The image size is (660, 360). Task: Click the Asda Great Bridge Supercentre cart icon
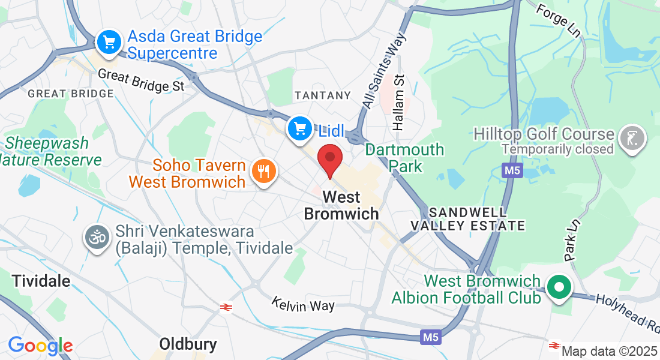click(x=109, y=43)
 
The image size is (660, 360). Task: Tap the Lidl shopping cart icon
click(x=299, y=128)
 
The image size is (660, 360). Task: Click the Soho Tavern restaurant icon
click(x=263, y=172)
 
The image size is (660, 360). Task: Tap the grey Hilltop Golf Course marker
click(x=632, y=139)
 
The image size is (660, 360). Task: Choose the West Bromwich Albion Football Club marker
click(x=559, y=287)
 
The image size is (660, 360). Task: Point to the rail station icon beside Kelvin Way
click(x=226, y=307)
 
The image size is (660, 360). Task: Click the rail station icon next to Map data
click(x=554, y=346)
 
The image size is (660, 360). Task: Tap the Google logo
click(x=40, y=346)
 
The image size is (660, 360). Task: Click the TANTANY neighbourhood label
click(x=323, y=95)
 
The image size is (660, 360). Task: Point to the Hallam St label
click(x=400, y=103)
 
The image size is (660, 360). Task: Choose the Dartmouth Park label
click(x=404, y=157)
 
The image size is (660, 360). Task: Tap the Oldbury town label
click(x=188, y=344)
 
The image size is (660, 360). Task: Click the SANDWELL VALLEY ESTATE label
click(x=468, y=219)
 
